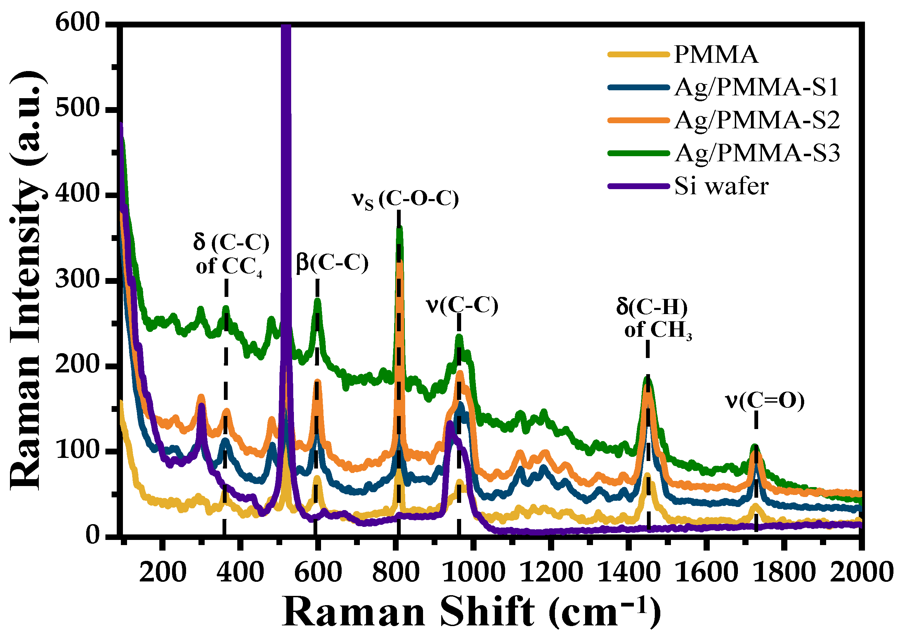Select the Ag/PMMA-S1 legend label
pos(756,87)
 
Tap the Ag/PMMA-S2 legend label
pos(757,120)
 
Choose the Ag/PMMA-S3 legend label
pos(757,153)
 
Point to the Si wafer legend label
pos(721,186)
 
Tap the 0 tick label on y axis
pos(93,536)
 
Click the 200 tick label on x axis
pos(162,573)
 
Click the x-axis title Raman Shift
pos(471,612)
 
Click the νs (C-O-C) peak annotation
pos(405,200)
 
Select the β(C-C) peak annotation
pos(332,263)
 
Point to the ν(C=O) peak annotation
pos(764,401)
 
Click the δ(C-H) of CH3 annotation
pos(653,318)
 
